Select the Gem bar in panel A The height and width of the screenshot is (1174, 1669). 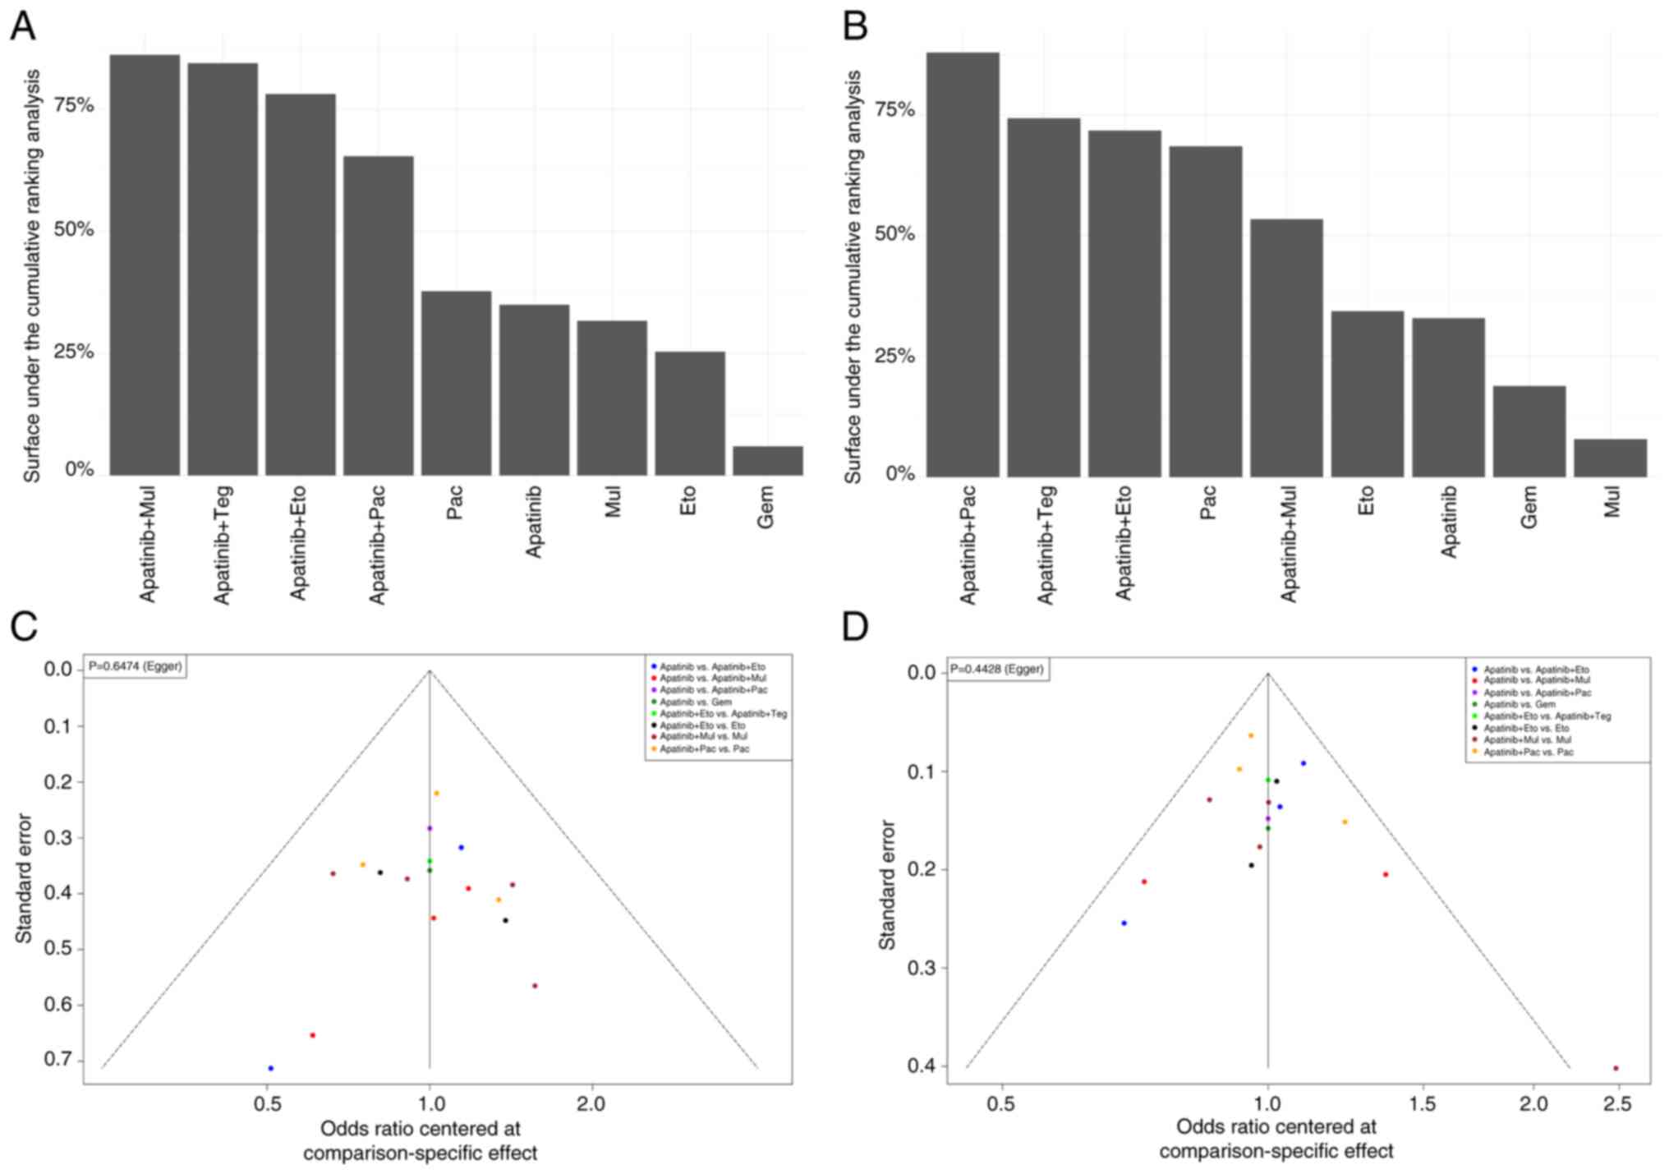point(767,461)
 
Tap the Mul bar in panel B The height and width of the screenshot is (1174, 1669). point(1610,458)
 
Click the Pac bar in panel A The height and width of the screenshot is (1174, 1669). point(456,383)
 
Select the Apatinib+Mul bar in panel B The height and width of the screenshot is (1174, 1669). point(1286,348)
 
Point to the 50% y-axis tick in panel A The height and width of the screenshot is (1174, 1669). point(74,229)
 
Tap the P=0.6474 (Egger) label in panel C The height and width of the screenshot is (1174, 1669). point(135,666)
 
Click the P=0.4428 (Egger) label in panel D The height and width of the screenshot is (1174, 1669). point(997,670)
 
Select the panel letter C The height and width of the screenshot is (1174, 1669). point(24,627)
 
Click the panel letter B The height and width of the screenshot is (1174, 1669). point(855,27)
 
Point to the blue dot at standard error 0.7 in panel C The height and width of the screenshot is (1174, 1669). point(271,1068)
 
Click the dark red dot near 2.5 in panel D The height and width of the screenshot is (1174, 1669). point(1616,1068)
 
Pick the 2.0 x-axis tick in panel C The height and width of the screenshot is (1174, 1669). point(591,1103)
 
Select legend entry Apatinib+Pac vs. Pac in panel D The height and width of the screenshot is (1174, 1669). point(1528,752)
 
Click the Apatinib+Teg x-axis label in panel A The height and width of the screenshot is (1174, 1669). point(223,545)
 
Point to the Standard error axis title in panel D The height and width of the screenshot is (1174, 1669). point(887,885)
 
